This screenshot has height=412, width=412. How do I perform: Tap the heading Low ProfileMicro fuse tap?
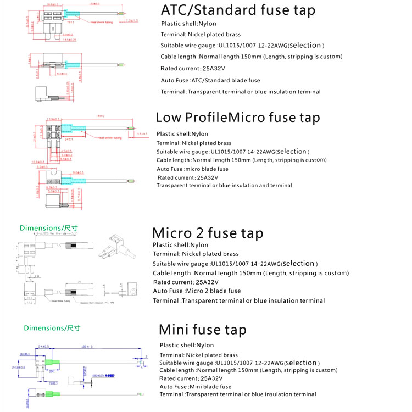[238, 117]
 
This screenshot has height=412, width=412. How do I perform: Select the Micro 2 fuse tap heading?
[208, 233]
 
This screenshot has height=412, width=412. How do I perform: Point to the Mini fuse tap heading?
[202, 330]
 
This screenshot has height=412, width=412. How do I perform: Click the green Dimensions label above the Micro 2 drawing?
[49, 227]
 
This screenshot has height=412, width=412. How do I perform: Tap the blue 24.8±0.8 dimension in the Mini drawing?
[18, 367]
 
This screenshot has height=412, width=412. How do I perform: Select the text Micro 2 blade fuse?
[213, 291]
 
